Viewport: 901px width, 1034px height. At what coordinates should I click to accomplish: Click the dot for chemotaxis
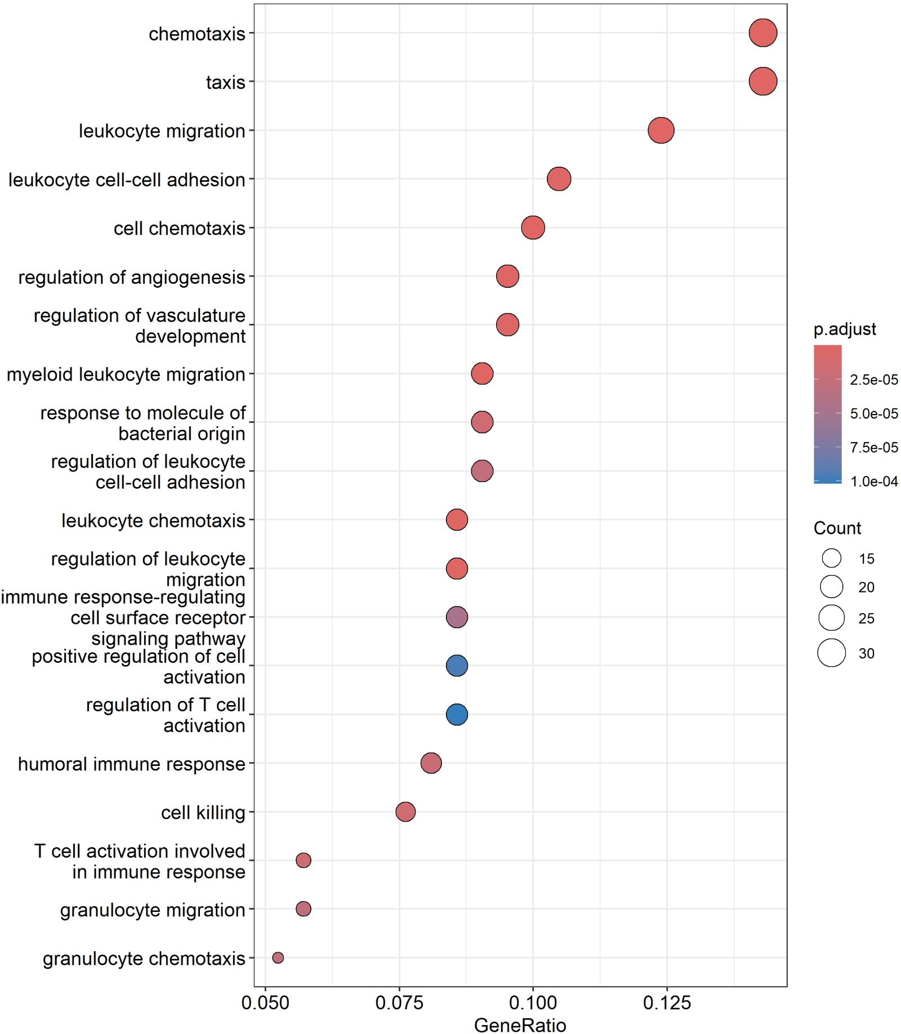pyautogui.click(x=762, y=33)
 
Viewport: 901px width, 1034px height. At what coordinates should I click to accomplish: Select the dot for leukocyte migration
pyautogui.click(x=661, y=131)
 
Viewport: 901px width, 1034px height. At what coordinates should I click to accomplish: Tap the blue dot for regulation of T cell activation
pyautogui.click(x=457, y=714)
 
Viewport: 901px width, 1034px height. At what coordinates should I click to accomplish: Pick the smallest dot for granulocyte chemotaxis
pyautogui.click(x=278, y=957)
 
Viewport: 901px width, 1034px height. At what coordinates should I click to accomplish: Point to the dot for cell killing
pyautogui.click(x=405, y=812)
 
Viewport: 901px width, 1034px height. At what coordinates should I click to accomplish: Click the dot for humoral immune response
pyautogui.click(x=431, y=763)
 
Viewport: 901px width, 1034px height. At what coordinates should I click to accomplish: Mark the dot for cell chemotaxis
pyautogui.click(x=533, y=228)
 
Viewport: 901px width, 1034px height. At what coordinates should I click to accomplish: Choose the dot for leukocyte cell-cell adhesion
pyautogui.click(x=559, y=179)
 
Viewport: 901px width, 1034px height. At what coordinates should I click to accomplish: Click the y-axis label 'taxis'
pyautogui.click(x=225, y=82)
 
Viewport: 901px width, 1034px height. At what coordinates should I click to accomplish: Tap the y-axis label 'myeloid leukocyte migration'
pyautogui.click(x=126, y=374)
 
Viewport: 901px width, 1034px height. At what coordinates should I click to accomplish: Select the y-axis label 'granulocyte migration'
pyautogui.click(x=153, y=910)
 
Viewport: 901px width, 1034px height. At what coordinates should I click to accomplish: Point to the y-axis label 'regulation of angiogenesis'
pyautogui.click(x=132, y=277)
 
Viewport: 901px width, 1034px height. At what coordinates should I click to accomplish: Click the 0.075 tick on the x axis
pyautogui.click(x=399, y=1002)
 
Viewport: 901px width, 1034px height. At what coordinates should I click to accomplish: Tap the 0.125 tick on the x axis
pyautogui.click(x=667, y=1002)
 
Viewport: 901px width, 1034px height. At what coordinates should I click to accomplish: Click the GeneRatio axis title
pyautogui.click(x=520, y=1025)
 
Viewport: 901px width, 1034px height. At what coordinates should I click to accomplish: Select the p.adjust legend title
pyautogui.click(x=845, y=329)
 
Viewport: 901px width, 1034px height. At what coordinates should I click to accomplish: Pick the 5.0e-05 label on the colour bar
pyautogui.click(x=874, y=413)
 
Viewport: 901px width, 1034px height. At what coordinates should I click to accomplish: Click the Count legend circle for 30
pyautogui.click(x=831, y=653)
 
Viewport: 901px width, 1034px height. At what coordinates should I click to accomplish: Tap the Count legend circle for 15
pyautogui.click(x=831, y=558)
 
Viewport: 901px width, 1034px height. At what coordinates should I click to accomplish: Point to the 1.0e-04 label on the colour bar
pyautogui.click(x=874, y=481)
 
